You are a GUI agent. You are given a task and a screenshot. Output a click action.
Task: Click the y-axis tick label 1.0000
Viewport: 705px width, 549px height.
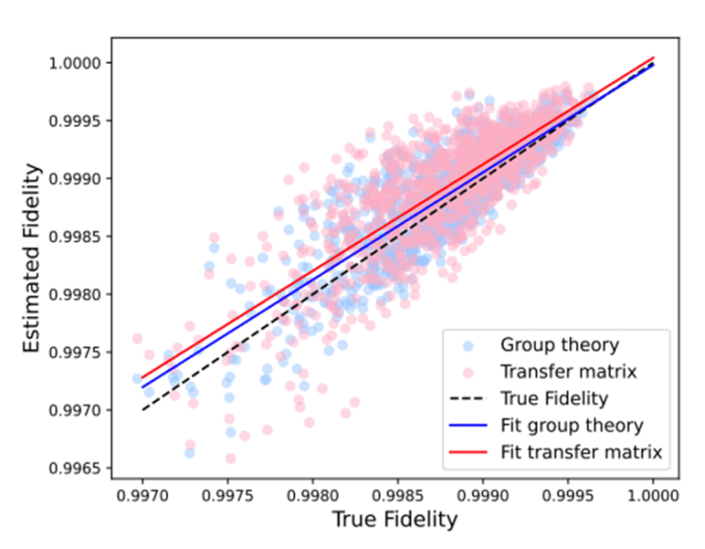(78, 63)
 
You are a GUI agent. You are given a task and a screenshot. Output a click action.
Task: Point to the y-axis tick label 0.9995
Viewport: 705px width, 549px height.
(78, 121)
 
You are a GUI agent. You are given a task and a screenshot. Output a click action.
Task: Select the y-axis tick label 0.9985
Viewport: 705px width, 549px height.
(78, 237)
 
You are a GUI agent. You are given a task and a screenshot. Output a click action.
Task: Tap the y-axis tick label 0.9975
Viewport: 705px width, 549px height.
(78, 352)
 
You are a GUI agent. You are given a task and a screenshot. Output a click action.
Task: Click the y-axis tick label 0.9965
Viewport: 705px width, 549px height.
(78, 468)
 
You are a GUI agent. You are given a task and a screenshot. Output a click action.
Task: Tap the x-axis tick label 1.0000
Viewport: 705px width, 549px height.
(654, 494)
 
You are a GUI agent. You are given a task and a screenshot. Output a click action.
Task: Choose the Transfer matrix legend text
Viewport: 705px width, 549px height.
(554, 371)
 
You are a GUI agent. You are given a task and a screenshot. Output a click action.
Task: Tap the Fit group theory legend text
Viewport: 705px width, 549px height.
(572, 425)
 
